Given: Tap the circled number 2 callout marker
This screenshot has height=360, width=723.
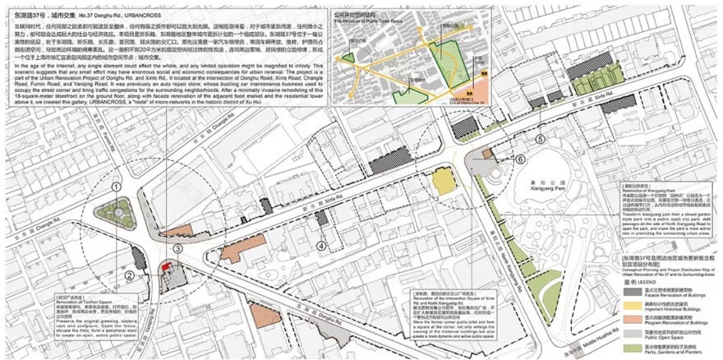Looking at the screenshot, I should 130,275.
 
